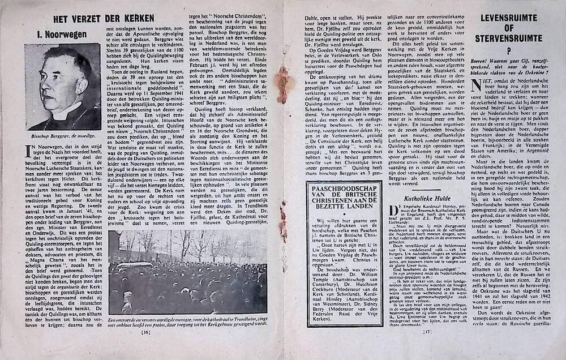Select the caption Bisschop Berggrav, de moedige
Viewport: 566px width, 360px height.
[x=62, y=136]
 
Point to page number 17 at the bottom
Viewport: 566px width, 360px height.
[x=428, y=348]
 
